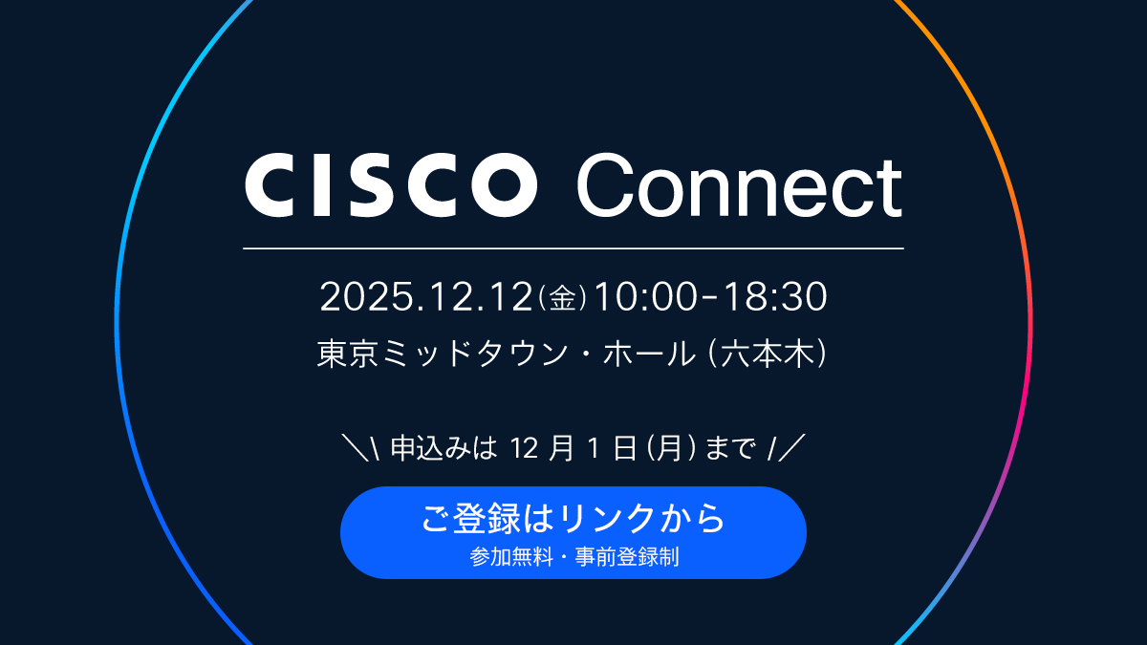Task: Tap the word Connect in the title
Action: click(739, 186)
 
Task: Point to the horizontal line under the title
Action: click(573, 248)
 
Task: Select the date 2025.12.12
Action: click(425, 297)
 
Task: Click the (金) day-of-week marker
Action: click(563, 298)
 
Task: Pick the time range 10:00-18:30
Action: click(710, 297)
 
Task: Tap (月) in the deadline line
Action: click(668, 447)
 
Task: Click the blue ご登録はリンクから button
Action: click(573, 531)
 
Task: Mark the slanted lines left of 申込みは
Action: click(363, 446)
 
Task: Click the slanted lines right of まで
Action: click(787, 446)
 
